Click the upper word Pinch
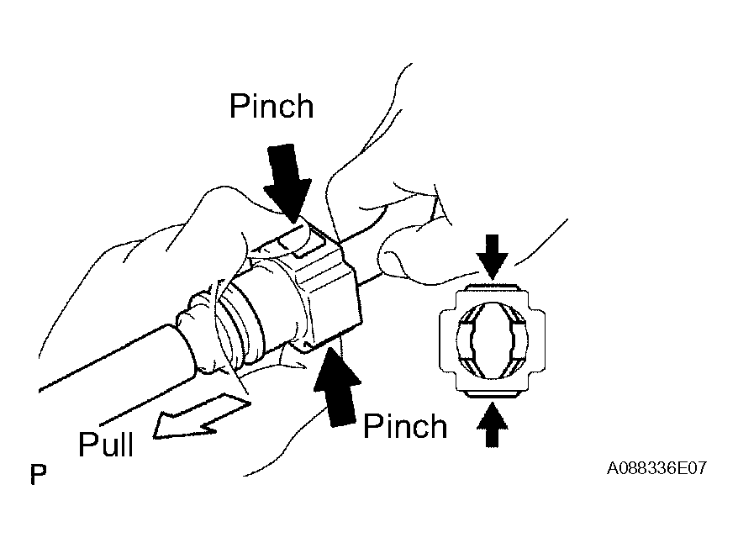(x=271, y=107)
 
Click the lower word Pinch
(x=404, y=426)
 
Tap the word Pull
(x=106, y=444)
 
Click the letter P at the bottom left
(x=37, y=474)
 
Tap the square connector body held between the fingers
(x=324, y=290)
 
